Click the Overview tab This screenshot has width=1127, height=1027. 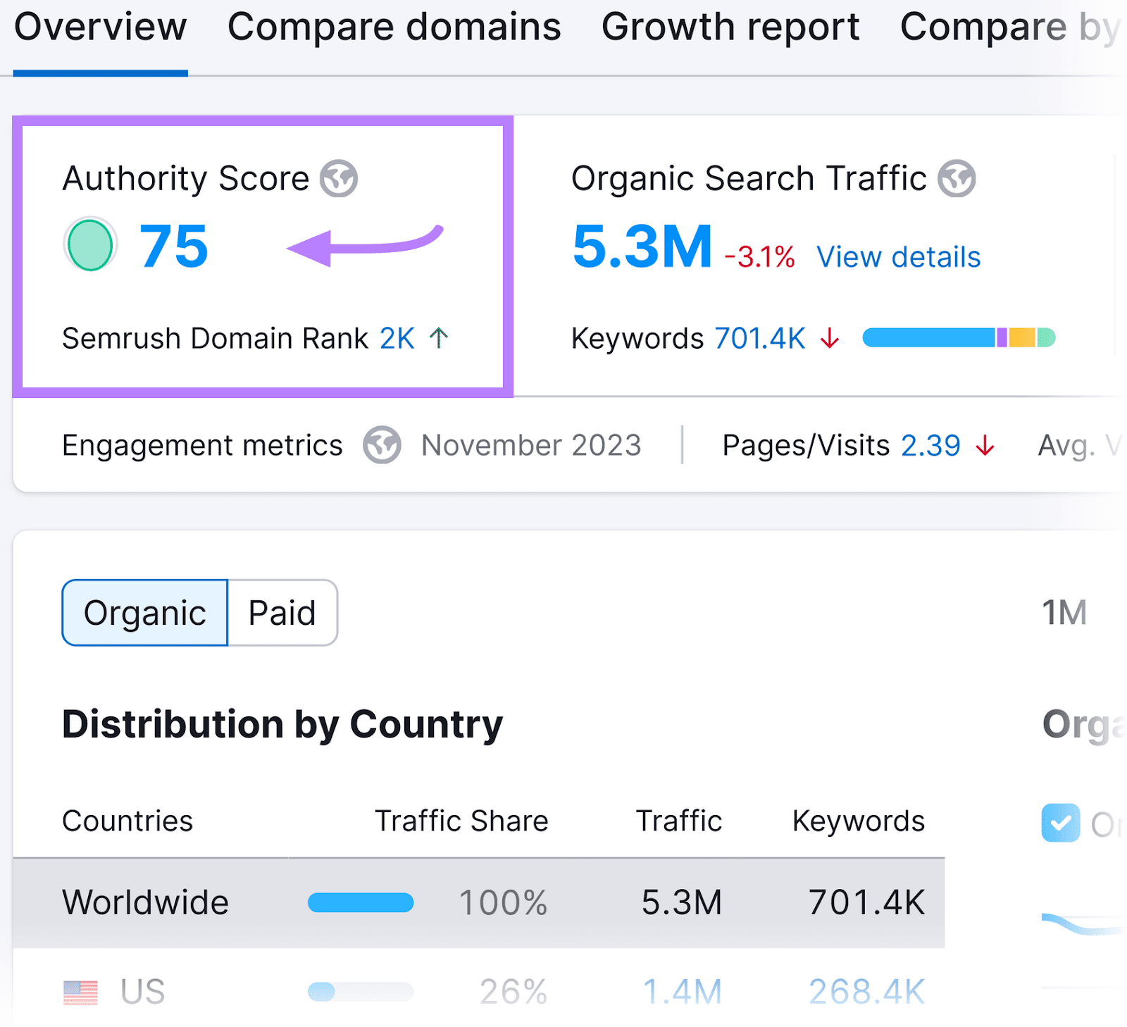tap(101, 28)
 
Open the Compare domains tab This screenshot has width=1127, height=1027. tap(394, 28)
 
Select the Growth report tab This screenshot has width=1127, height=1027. tap(730, 28)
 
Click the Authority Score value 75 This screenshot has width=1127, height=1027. tap(173, 247)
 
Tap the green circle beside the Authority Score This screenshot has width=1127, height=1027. tap(90, 245)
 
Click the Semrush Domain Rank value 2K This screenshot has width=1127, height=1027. tap(397, 339)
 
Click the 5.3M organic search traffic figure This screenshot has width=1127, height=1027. tap(642, 247)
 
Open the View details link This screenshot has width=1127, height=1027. tap(898, 257)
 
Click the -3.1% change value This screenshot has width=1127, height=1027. tap(760, 257)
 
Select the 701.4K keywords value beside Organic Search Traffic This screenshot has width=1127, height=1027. tap(760, 339)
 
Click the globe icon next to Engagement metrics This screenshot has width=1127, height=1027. tap(382, 445)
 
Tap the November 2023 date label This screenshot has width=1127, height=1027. tap(531, 445)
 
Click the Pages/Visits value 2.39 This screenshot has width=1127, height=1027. tap(930, 445)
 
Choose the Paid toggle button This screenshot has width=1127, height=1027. tap(282, 613)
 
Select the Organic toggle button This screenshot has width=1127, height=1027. tap(145, 613)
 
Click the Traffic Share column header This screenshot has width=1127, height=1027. tap(461, 821)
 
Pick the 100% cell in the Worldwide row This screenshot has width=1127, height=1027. tap(503, 902)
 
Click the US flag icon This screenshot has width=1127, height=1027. tap(80, 992)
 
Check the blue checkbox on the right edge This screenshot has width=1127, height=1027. tap(1060, 823)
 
